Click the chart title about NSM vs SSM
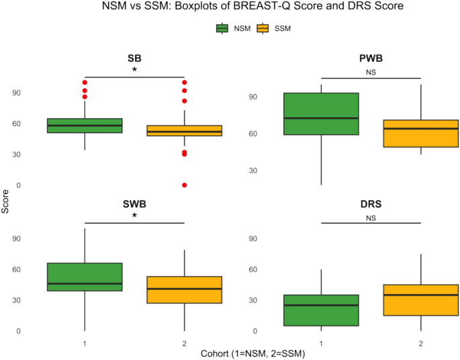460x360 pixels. coord(230,9)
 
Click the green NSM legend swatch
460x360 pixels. coord(222,28)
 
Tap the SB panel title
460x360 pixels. coord(134,58)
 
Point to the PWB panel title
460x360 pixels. coord(371,59)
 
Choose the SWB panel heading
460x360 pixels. coord(134,203)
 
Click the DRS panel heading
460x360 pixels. coord(371,204)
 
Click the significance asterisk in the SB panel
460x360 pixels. coord(134,71)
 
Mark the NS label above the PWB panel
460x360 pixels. coord(371,72)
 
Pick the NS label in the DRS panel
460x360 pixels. coord(371,217)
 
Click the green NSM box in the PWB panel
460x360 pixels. coord(321,114)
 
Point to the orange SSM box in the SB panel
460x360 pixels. coord(184,130)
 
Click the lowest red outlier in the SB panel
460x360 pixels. coord(184,185)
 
